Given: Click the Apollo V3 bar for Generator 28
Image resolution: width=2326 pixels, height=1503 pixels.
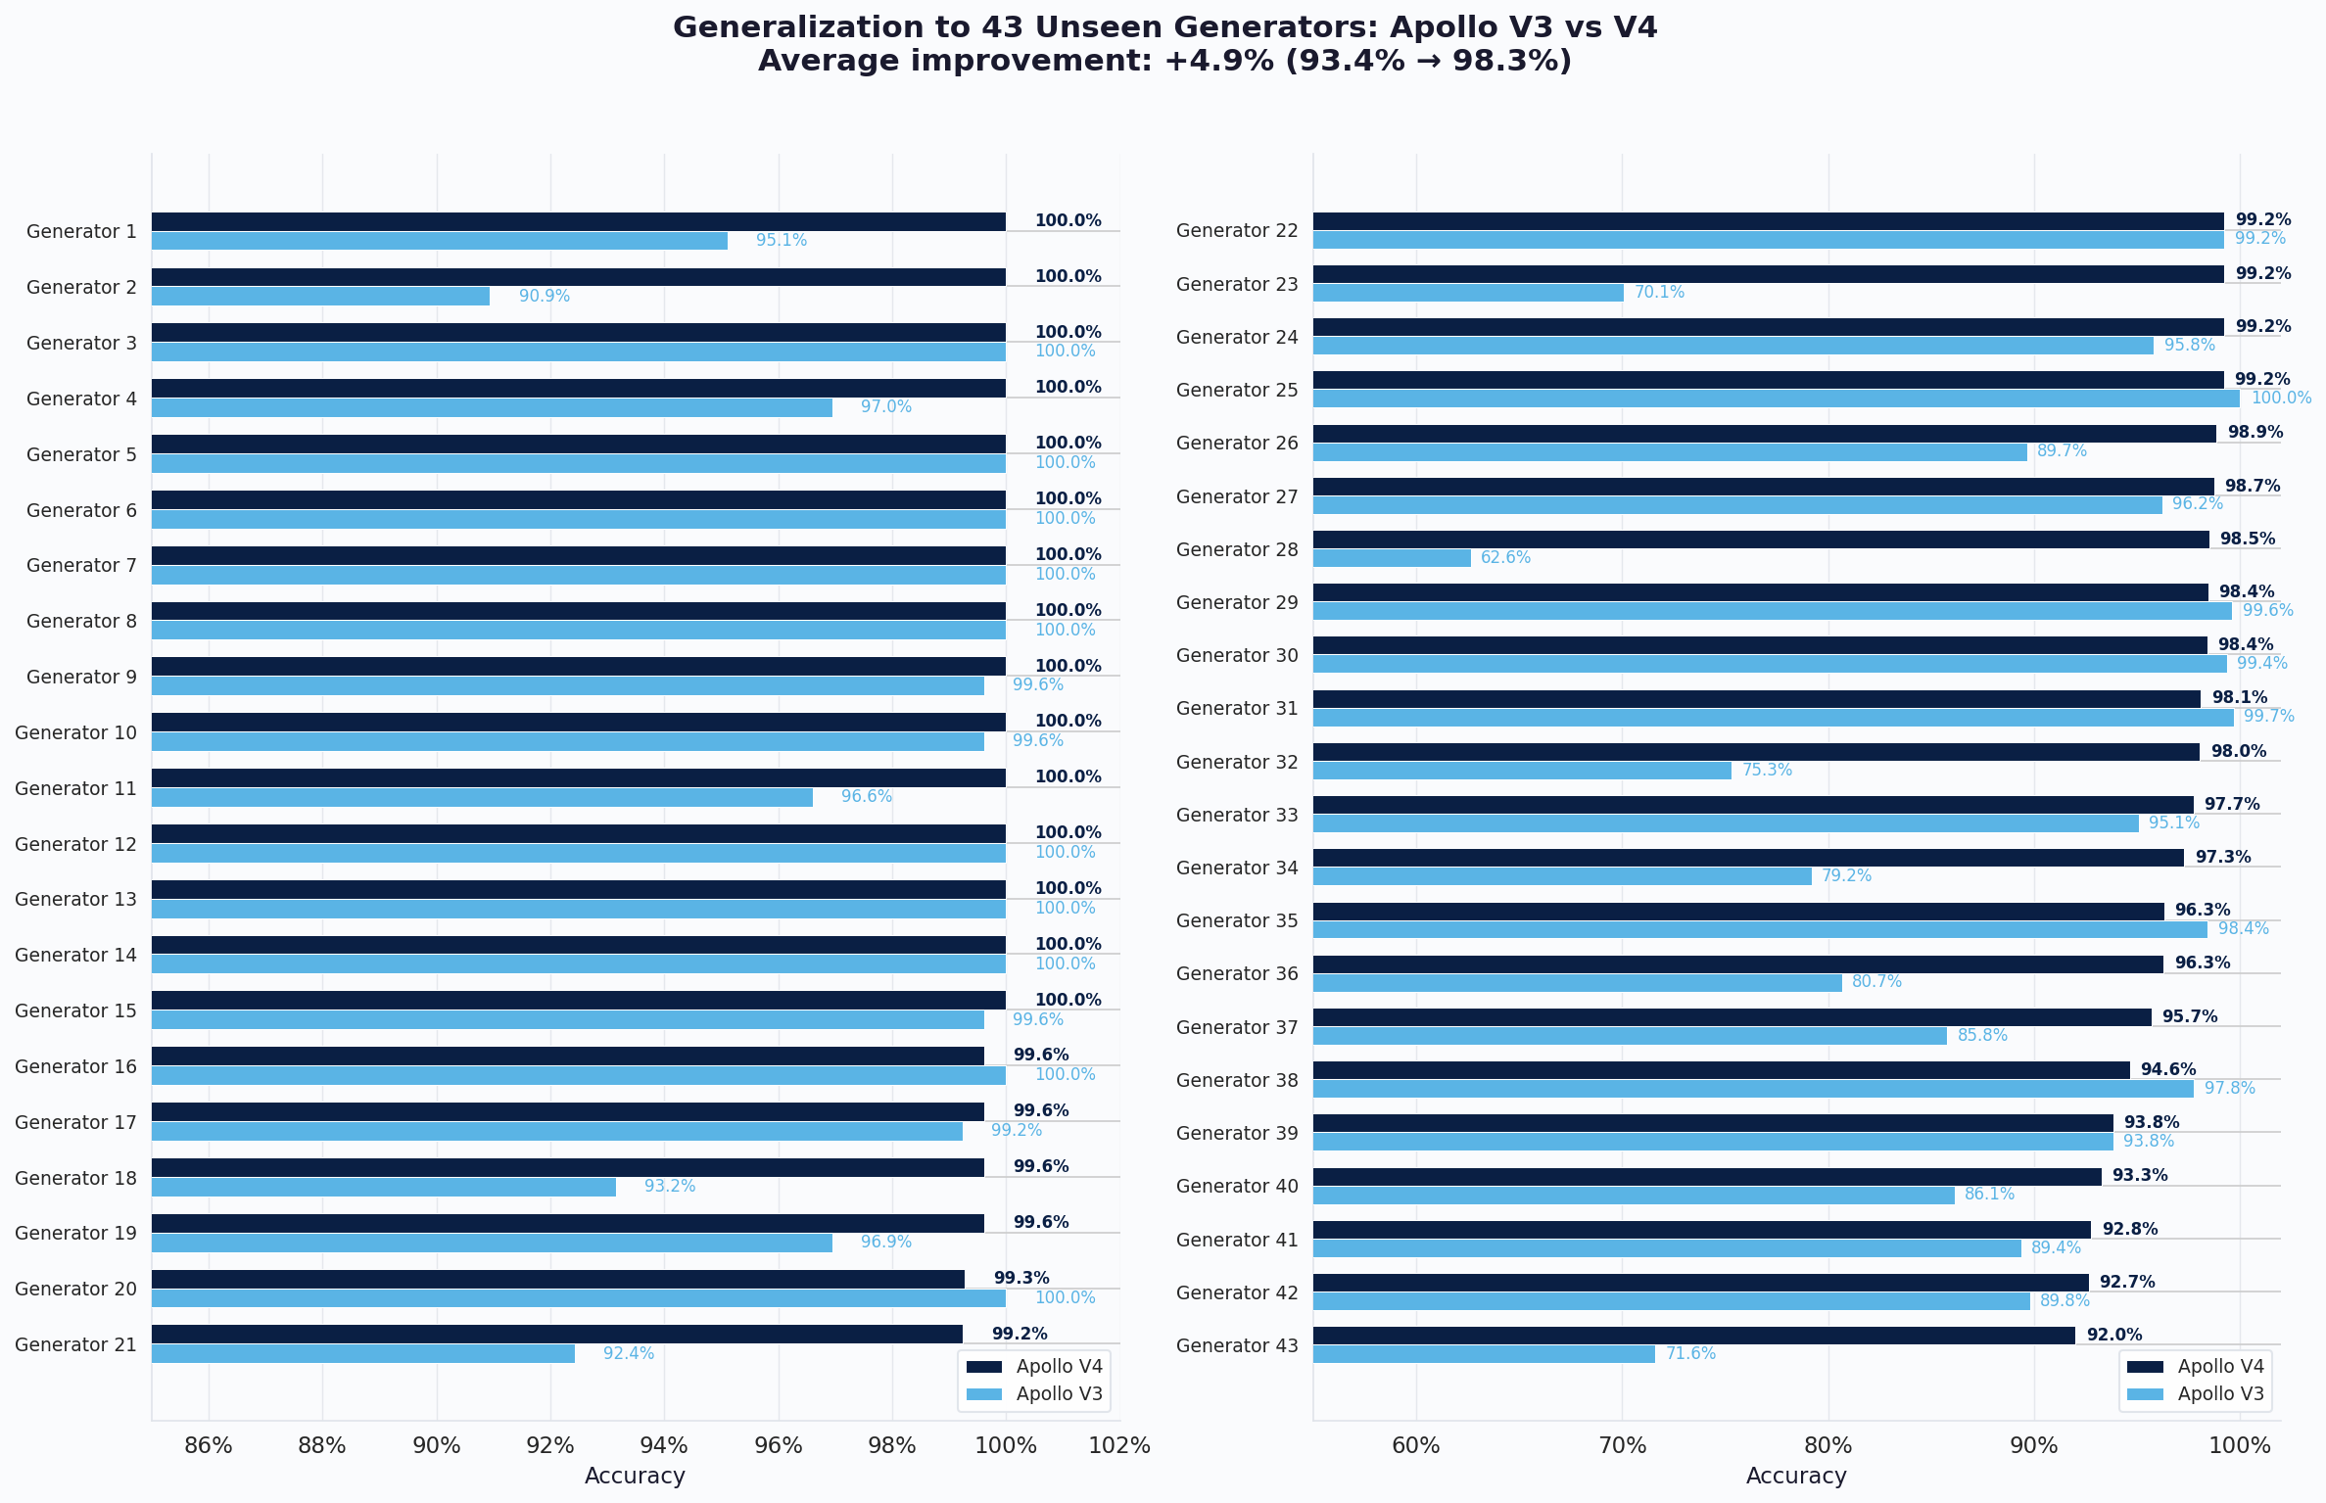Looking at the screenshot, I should pyautogui.click(x=1391, y=558).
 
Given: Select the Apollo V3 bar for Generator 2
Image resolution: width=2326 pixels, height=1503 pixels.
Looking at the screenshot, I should pyautogui.click(x=320, y=296).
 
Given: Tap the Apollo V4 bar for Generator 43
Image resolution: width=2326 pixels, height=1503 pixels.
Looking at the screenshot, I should pyautogui.click(x=1693, y=1336).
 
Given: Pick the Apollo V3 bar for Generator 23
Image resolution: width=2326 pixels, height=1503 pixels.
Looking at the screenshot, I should pyautogui.click(x=1467, y=293).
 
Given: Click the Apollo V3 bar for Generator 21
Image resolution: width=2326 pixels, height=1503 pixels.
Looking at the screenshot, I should pyautogui.click(x=362, y=1354).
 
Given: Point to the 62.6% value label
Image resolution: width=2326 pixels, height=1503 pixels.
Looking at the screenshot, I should pyautogui.click(x=1505, y=558).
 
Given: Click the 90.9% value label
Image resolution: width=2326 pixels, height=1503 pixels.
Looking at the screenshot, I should pyautogui.click(x=544, y=296).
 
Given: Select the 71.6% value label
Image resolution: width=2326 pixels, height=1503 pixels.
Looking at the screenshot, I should pyautogui.click(x=1690, y=1354).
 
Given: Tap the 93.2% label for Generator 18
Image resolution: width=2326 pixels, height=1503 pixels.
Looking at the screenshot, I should pyautogui.click(x=669, y=1187).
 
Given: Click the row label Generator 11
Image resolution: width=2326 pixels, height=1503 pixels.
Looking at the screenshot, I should pyautogui.click(x=75, y=788).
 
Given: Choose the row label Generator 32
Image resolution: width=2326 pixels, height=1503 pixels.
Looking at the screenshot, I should pyautogui.click(x=1237, y=762).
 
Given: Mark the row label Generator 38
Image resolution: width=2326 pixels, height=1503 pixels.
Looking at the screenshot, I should pyautogui.click(x=1237, y=1080).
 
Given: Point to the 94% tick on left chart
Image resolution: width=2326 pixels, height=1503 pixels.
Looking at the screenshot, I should pyautogui.click(x=664, y=1446).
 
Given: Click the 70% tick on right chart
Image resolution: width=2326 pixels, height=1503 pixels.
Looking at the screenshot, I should pyautogui.click(x=1622, y=1446).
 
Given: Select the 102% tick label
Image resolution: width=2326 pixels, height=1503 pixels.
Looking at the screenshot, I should pyautogui.click(x=1119, y=1446).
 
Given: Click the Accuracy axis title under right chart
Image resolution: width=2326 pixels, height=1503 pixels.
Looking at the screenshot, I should pyautogui.click(x=1795, y=1477).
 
